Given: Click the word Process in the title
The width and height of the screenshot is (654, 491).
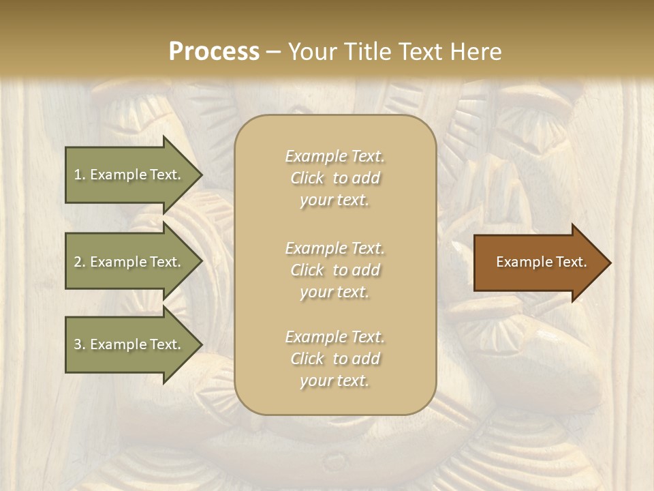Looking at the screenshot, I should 214,52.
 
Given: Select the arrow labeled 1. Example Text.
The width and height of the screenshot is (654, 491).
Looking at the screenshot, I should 129,175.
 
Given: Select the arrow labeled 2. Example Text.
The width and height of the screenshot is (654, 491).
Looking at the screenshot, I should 129,262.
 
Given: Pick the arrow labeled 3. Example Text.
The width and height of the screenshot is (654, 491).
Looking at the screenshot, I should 129,344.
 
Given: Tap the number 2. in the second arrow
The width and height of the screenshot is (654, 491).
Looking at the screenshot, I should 80,262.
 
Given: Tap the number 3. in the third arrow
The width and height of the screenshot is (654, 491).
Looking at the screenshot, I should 80,344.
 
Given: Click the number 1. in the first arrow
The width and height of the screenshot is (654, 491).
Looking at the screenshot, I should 80,175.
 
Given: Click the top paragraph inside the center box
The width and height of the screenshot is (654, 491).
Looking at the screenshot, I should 334,178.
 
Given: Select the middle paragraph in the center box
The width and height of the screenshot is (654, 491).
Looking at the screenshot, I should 334,270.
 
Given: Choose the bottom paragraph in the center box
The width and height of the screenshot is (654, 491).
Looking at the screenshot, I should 334,359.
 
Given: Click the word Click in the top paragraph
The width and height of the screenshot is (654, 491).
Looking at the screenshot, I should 307,179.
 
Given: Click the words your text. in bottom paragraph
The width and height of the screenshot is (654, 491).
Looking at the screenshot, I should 334,381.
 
